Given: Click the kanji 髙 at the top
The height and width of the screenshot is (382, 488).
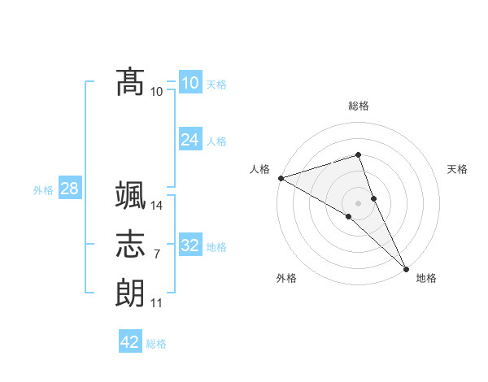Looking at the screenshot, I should click(130, 81).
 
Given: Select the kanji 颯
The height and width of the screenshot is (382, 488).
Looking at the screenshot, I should click(130, 196).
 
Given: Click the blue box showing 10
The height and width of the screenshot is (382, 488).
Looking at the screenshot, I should click(190, 83).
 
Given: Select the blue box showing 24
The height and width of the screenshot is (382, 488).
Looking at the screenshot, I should click(190, 140).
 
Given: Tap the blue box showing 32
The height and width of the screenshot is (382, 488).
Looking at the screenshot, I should click(190, 245).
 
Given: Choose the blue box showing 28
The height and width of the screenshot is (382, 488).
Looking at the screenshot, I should click(69, 189).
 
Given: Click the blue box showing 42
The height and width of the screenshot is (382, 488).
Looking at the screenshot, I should click(130, 342).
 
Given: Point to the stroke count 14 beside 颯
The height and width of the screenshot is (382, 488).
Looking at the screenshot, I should click(157, 206).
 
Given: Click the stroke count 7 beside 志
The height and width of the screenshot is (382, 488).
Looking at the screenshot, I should click(156, 254).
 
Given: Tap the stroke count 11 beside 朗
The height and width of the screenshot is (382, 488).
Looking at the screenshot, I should click(156, 303).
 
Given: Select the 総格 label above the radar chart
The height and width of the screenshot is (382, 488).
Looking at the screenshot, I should click(359, 106).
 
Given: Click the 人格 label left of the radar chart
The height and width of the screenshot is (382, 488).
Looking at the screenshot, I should click(260, 169).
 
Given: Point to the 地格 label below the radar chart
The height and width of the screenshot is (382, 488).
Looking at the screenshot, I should click(426, 278).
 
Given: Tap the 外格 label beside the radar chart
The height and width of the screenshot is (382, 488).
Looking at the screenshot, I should click(286, 278).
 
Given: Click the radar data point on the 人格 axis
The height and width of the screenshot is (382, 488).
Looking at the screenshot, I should click(281, 178).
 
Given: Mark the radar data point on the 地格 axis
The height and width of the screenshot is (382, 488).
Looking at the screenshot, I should click(406, 267).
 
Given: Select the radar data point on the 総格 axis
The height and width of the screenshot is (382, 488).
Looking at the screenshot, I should click(358, 154).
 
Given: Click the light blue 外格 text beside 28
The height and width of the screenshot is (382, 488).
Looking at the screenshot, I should click(43, 190).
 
